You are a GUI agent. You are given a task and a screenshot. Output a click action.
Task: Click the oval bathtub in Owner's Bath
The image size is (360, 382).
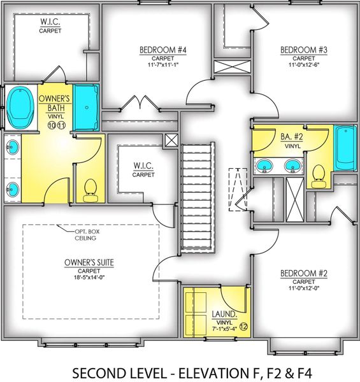point(20,107)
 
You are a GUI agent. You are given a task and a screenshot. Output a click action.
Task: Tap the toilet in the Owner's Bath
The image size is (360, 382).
point(90,191)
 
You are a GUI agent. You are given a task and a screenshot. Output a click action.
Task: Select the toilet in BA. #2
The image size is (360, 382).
point(318,176)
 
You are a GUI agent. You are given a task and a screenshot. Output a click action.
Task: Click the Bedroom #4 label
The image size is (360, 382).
point(163,50)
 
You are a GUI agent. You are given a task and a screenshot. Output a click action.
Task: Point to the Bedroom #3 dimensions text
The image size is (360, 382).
point(304,65)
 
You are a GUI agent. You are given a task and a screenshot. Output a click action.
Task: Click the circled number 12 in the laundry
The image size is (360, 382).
point(244,326)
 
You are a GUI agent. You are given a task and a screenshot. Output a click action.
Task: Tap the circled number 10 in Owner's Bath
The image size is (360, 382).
point(52,125)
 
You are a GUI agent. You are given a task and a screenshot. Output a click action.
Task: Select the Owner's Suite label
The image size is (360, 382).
point(89,262)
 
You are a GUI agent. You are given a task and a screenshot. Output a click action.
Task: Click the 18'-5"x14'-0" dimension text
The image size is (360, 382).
point(89,277)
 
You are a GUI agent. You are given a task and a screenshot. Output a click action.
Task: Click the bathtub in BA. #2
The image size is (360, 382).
point(345,148)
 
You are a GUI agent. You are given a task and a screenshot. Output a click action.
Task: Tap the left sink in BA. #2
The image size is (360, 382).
point(264,166)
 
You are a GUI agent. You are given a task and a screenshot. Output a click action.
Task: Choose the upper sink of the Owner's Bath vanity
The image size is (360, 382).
point(13,147)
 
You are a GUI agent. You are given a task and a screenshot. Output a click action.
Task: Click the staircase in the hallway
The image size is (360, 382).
point(198,198)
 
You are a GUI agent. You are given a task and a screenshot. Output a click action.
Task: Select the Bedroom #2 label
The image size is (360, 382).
point(304,273)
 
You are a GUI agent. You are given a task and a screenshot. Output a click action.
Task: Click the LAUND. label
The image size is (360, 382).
point(224,314)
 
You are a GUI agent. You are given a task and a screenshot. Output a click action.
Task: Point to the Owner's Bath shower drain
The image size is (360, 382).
point(87,108)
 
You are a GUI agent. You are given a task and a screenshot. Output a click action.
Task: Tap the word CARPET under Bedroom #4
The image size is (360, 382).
point(163,59)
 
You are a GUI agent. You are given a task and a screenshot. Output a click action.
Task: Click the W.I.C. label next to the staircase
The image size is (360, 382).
point(143,166)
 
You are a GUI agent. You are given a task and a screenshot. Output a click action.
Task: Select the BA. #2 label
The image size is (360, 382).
point(292,137)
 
